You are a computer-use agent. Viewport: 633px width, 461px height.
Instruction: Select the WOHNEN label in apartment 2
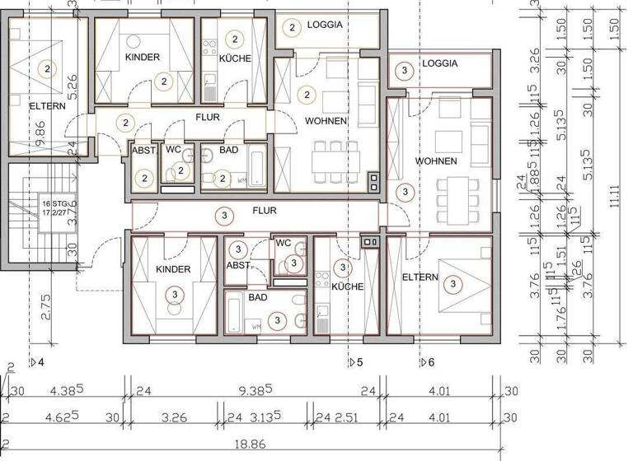coord(325,121)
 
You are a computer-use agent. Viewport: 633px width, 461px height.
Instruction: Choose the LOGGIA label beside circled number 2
coord(325,25)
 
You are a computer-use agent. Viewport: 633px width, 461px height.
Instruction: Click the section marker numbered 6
coord(427,362)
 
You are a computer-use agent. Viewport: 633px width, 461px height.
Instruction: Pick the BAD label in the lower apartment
coord(257,297)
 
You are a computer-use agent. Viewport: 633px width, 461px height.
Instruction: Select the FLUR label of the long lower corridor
coord(265,211)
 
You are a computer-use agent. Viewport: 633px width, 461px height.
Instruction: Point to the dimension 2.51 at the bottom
coord(348,417)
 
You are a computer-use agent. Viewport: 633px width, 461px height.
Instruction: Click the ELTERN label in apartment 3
coord(420,277)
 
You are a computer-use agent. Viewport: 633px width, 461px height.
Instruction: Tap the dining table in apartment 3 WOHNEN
coord(453,195)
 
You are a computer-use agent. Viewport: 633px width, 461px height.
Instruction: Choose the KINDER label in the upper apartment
coord(143,58)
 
